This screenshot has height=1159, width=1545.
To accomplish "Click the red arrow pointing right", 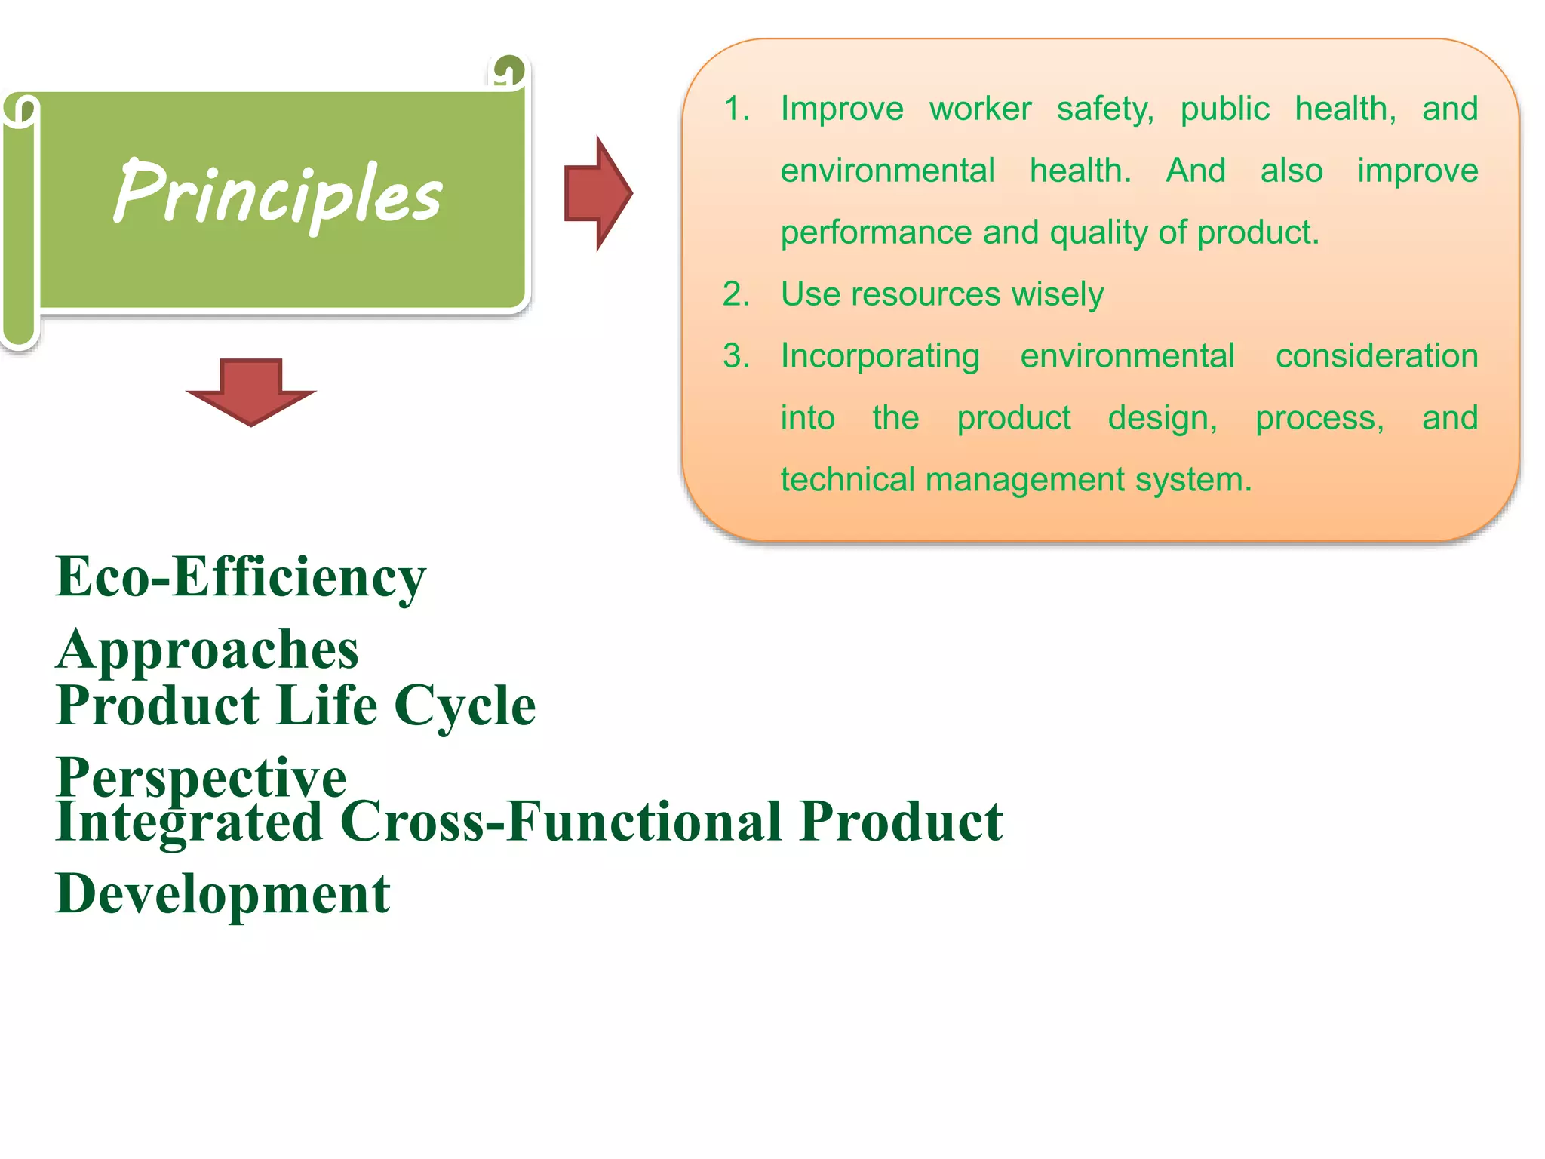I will pyautogui.click(x=597, y=193).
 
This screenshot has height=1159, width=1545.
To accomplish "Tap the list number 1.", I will pyautogui.click(x=736, y=109).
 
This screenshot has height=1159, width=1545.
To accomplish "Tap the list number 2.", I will pyautogui.click(x=736, y=294).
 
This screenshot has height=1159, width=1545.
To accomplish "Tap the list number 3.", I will pyautogui.click(x=736, y=356).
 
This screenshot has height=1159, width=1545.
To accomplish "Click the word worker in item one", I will pyautogui.click(x=980, y=109).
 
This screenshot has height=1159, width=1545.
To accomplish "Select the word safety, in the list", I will pyautogui.click(x=1105, y=109).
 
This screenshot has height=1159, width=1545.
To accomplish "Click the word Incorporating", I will pyautogui.click(x=880, y=356).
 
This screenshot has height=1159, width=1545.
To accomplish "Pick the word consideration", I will pyautogui.click(x=1376, y=356).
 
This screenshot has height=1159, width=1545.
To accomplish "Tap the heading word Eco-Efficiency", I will pyautogui.click(x=241, y=577).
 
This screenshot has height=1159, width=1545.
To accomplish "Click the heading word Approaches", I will pyautogui.click(x=207, y=650).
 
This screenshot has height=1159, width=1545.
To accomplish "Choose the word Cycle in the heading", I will pyautogui.click(x=465, y=706).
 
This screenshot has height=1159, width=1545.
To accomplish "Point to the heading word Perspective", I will pyautogui.click(x=201, y=777).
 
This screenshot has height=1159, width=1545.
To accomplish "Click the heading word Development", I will pyautogui.click(x=223, y=894).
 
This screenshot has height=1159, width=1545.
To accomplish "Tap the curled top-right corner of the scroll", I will pyautogui.click(x=508, y=72).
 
